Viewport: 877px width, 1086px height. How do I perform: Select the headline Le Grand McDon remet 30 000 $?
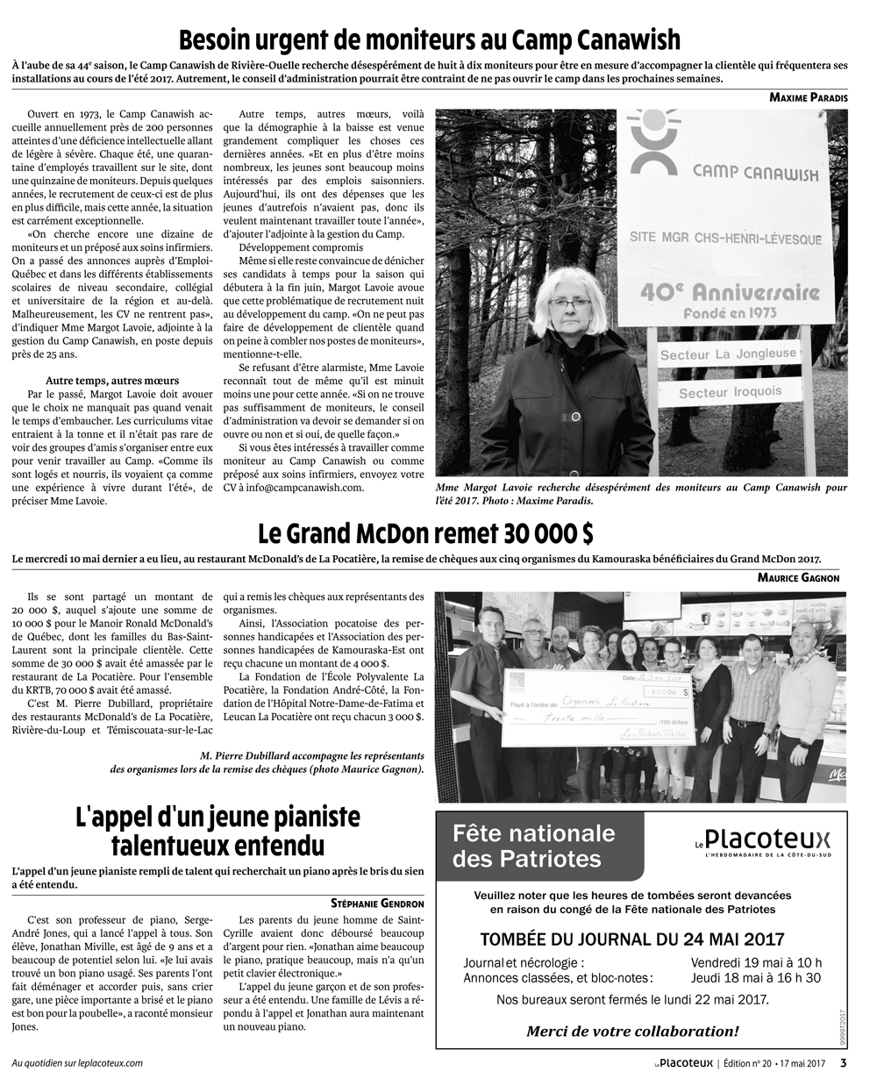point(425,533)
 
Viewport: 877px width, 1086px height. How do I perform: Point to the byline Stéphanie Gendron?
point(377,904)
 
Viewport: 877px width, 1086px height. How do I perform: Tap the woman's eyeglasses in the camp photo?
point(571,303)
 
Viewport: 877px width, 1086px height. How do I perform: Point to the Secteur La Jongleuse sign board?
point(727,355)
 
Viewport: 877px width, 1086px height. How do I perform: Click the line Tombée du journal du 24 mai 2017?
point(632,939)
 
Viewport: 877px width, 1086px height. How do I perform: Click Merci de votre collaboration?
point(632,1032)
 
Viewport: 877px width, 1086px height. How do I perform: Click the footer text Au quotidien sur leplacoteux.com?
point(77,1063)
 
